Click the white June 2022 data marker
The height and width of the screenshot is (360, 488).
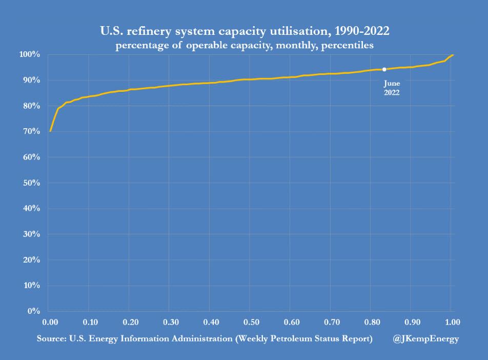coord(384,69)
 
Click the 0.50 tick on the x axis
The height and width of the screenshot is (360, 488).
coord(251,323)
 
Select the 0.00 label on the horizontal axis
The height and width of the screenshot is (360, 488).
coord(50,323)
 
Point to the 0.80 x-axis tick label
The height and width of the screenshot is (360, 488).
coord(372,323)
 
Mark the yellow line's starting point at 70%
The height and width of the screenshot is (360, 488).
coord(50,131)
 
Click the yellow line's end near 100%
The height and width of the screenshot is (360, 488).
coord(453,55)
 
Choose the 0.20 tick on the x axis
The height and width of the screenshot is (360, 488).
coord(130,323)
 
